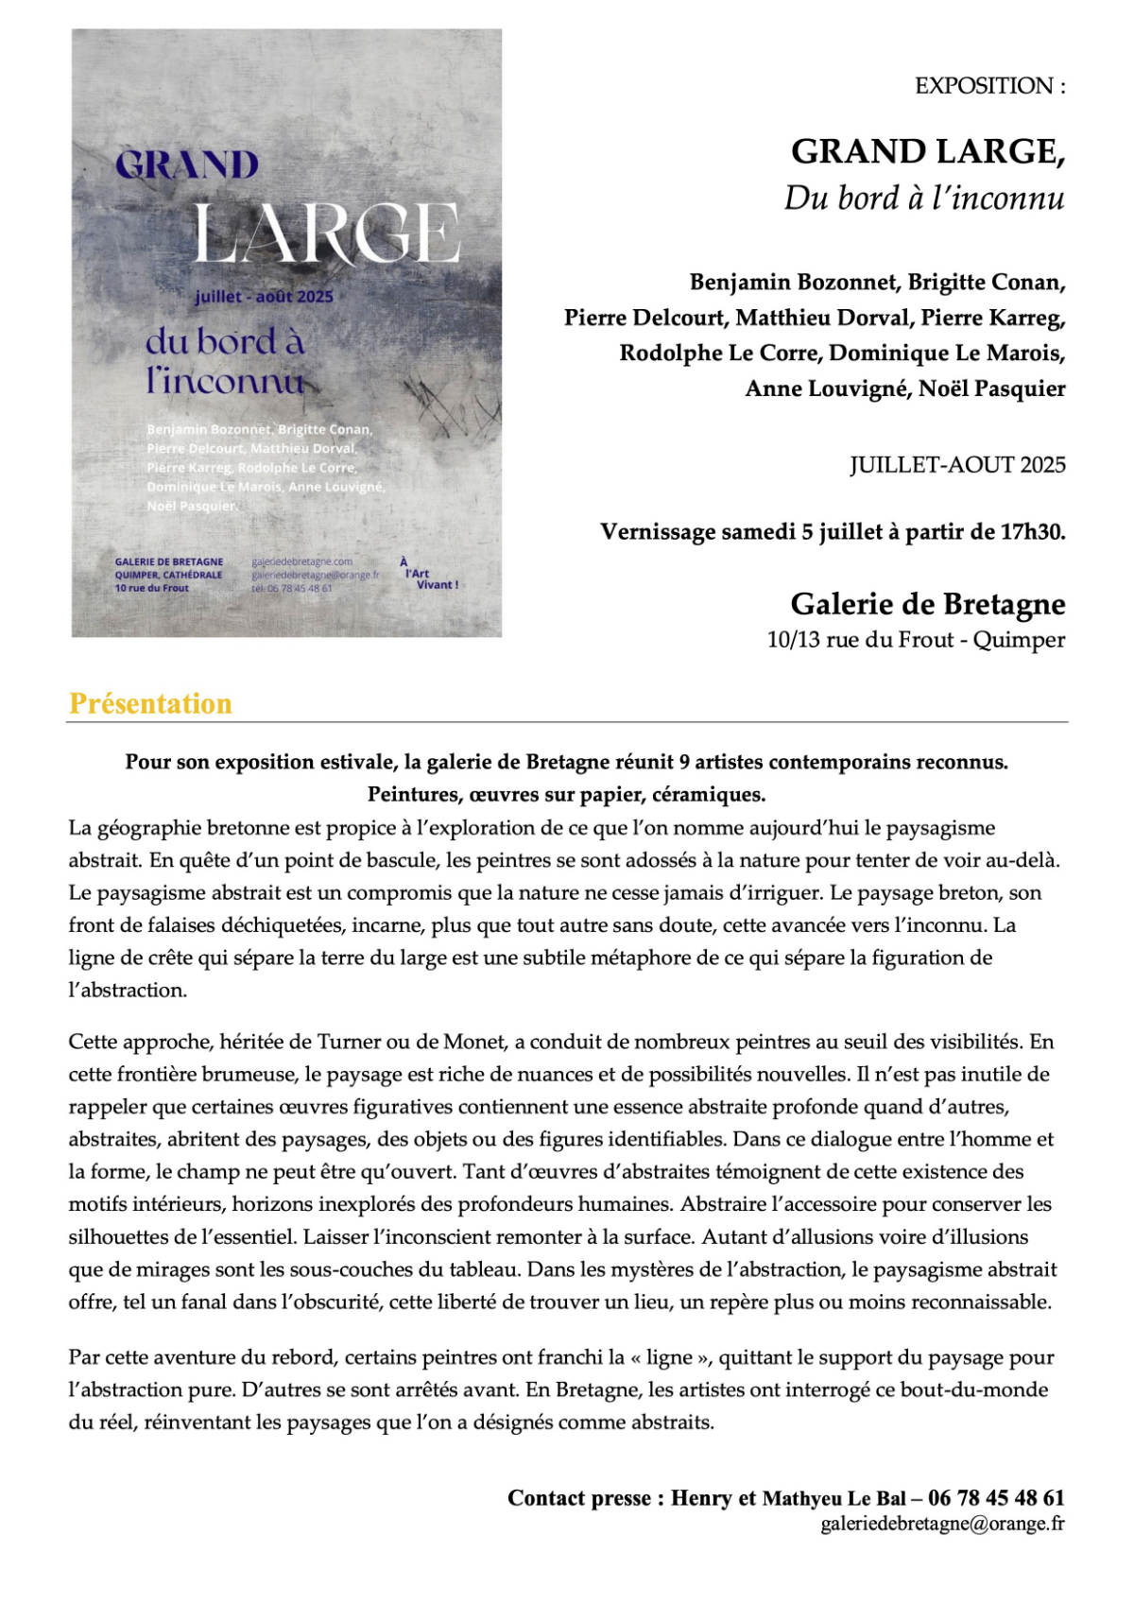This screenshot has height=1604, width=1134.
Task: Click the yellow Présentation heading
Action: coord(150,703)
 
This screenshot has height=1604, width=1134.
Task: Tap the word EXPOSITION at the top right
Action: coord(984,86)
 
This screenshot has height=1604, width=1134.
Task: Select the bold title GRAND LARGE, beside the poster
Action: coord(927,151)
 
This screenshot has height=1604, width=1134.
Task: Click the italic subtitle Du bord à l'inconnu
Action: coord(923,198)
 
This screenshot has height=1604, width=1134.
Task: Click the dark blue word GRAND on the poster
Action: coord(187,165)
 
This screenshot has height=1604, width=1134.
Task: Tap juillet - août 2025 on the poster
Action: coord(264,297)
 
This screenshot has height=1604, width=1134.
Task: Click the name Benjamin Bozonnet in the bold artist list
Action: coord(792,282)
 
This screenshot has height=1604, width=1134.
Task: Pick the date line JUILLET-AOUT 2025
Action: coord(957,465)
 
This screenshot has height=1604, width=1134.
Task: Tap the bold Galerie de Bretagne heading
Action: coord(927,603)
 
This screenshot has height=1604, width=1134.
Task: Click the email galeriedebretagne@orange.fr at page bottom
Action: coord(942,1524)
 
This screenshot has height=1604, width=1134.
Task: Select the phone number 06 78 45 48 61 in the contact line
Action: coord(996,1498)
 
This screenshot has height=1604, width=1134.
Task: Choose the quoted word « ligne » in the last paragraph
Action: coord(670,1357)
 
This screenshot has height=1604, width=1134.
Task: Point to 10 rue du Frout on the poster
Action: coord(152,588)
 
